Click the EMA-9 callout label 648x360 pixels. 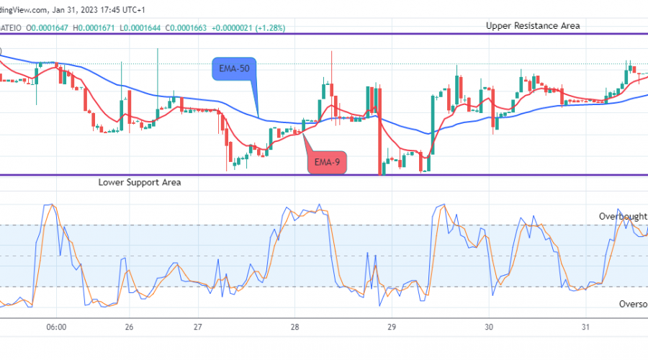tap(328, 163)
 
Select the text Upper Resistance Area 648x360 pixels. tap(532, 25)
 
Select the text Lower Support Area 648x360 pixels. tap(140, 183)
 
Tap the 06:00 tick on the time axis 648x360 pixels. tap(56, 326)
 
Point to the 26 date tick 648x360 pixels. tap(129, 326)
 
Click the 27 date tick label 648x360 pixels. tap(198, 326)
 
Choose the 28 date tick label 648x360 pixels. tap(295, 326)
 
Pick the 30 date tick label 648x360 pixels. tap(489, 326)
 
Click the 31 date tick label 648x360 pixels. tap(586, 326)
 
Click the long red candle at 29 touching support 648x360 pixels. tap(378, 137)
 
